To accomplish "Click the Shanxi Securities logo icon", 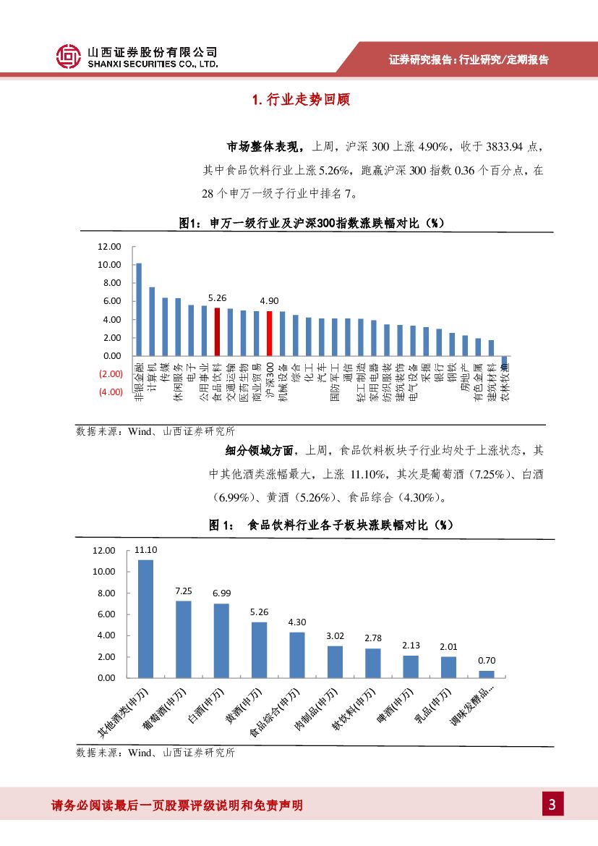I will pos(69,56).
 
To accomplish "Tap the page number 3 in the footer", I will pos(552,804).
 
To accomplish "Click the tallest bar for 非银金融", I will pos(139,309).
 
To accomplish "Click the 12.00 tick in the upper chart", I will pos(110,247).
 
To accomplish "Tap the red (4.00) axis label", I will pos(111,392).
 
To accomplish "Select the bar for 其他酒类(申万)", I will pos(145,619).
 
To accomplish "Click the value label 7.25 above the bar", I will pos(184,591).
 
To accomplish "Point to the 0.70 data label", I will pos(487,661).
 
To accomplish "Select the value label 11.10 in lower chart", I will pos(146,549).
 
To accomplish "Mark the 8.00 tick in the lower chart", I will pos(106,593).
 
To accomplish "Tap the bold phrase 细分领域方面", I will pos(260,450).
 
